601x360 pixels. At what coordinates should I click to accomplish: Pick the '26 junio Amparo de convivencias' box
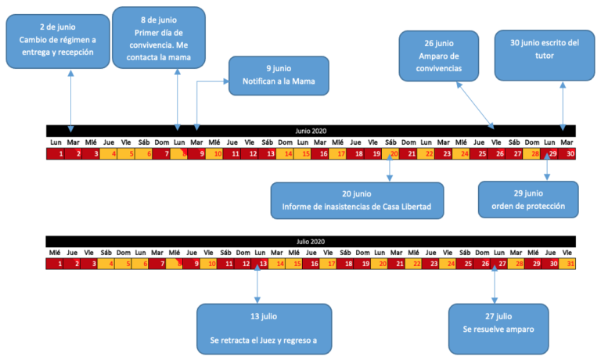(441, 56)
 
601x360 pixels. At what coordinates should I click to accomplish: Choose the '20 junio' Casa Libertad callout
(357, 200)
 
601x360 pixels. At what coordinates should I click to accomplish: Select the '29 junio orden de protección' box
(528, 200)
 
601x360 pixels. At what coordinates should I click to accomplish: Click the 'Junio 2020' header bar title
(311, 130)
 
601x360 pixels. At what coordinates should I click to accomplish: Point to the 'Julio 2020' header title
(311, 242)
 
